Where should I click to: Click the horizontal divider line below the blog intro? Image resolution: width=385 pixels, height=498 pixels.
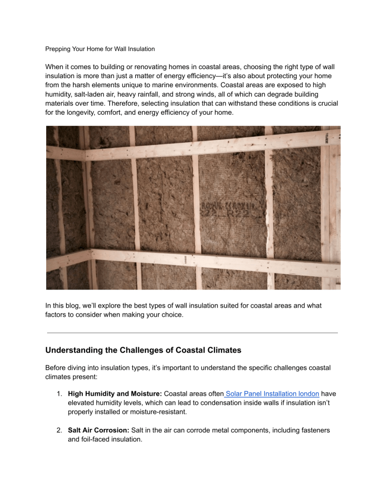pos(192,333)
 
